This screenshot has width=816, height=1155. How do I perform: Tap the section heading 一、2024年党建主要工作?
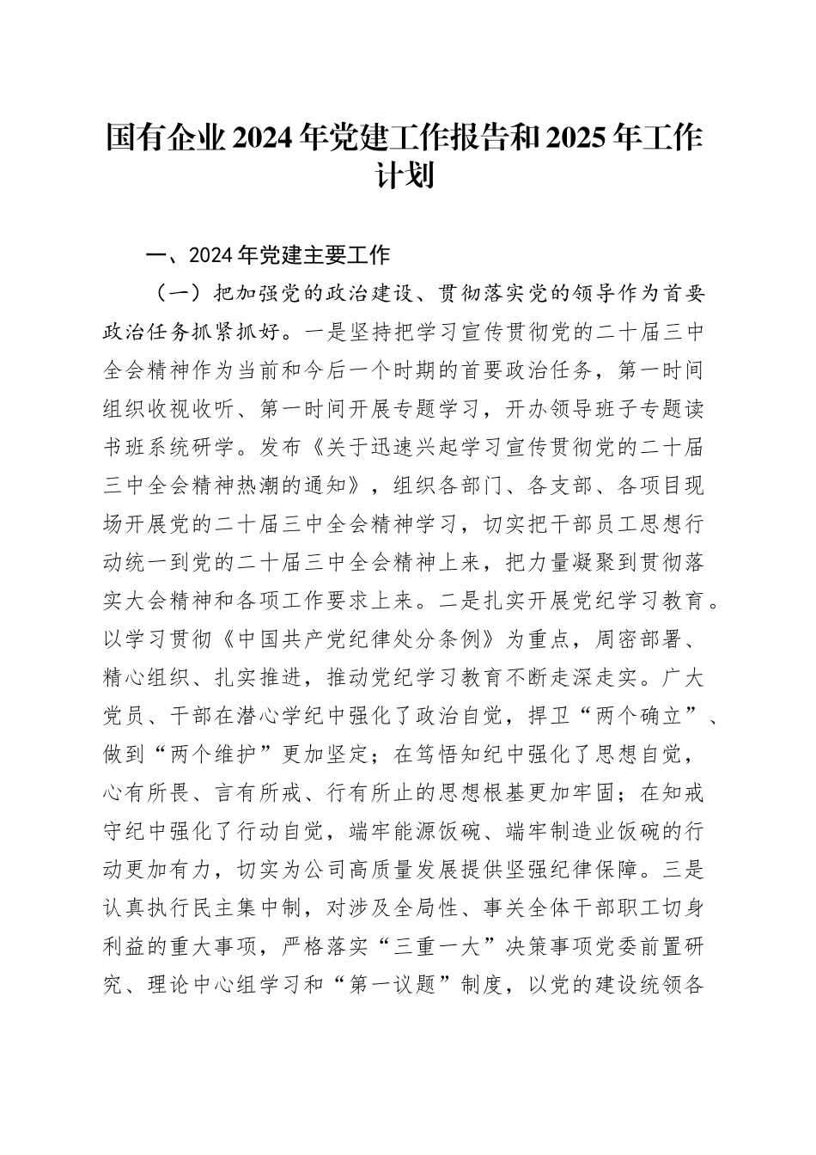click(x=269, y=255)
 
